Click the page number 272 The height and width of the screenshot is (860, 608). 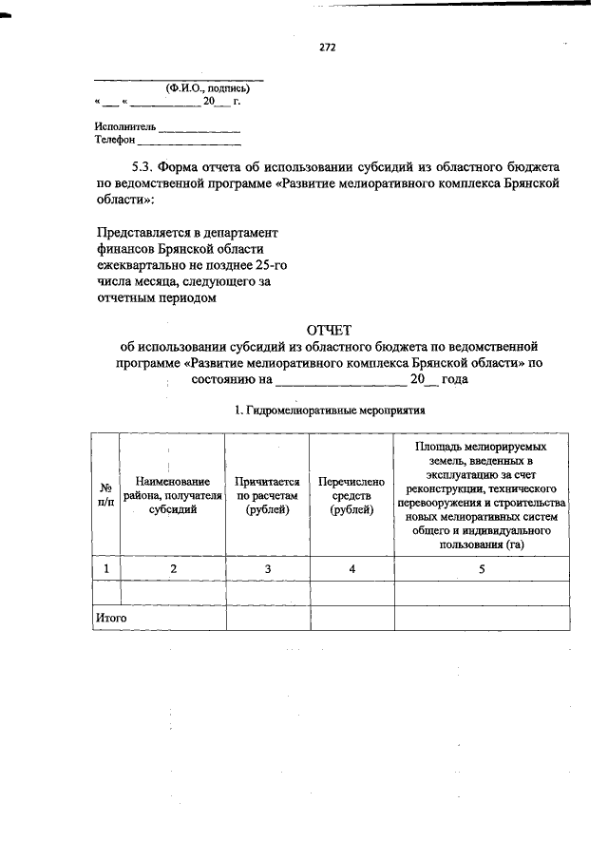click(x=329, y=47)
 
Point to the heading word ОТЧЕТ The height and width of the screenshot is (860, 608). click(x=329, y=330)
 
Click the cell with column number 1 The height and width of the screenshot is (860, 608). click(x=105, y=568)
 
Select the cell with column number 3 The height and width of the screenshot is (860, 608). click(x=268, y=568)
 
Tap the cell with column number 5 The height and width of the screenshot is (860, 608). click(x=482, y=568)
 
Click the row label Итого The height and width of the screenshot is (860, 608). click(x=111, y=618)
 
